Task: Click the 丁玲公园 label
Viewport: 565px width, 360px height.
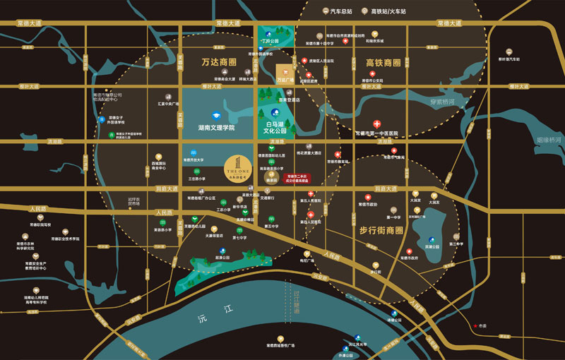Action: coord(270,42)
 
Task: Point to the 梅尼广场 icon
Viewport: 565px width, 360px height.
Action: coord(307,253)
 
